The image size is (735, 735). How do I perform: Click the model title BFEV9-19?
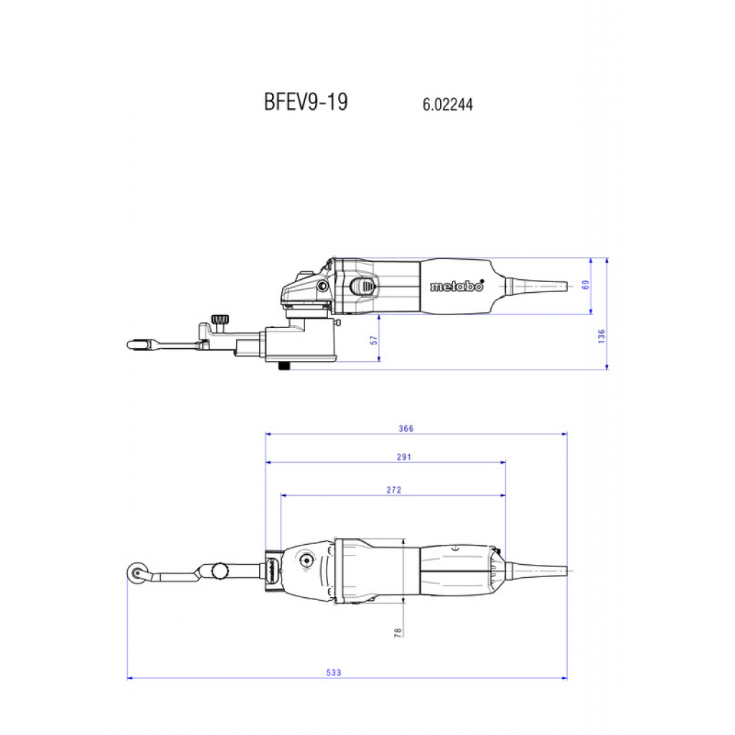(306, 102)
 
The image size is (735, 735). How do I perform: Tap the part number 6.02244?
(448, 104)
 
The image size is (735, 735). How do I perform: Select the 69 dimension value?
(586, 285)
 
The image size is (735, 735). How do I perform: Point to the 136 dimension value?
(602, 336)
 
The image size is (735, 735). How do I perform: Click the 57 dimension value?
(373, 340)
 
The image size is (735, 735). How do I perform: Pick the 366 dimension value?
(406, 429)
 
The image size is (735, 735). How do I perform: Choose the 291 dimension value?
(404, 457)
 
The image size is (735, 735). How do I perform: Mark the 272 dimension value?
(394, 490)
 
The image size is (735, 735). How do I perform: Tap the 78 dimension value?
(398, 632)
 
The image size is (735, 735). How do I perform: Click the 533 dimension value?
(334, 673)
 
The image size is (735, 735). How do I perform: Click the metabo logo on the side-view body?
(457, 286)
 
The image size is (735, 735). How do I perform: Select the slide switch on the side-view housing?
(362, 286)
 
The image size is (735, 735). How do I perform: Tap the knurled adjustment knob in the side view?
(220, 319)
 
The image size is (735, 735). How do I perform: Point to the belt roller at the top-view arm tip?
(136, 573)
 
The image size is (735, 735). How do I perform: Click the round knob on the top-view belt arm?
(220, 571)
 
